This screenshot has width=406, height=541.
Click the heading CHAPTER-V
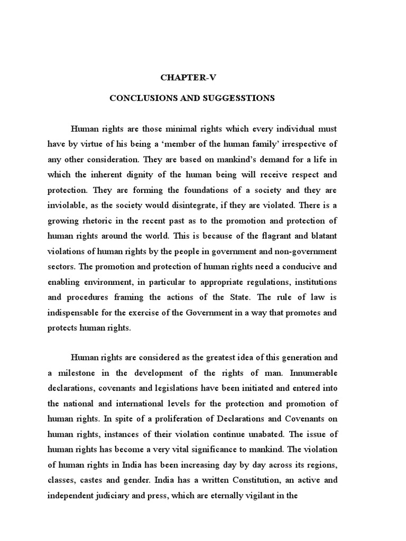(189, 78)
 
